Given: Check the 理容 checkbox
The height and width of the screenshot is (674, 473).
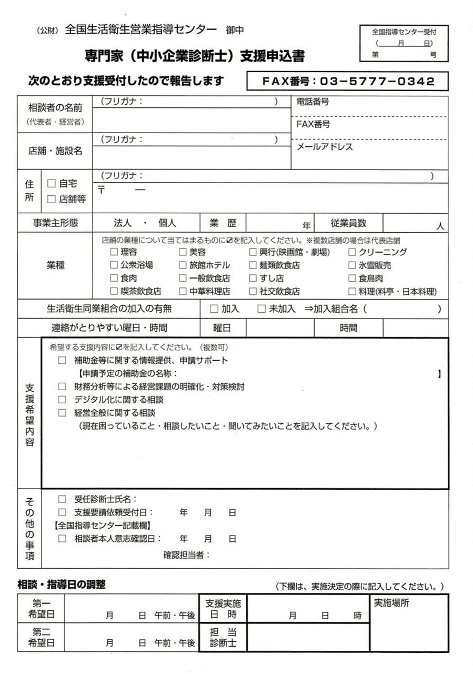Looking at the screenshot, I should point(114,252).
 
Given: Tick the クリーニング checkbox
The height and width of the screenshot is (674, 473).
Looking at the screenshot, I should point(352,252).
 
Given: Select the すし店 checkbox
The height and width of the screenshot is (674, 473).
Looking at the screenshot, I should point(253,278).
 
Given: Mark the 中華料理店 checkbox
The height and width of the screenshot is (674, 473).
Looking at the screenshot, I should point(183,291).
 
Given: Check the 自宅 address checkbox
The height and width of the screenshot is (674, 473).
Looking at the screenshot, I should point(52,184).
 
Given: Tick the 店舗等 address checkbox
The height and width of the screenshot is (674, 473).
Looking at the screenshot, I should point(52,199).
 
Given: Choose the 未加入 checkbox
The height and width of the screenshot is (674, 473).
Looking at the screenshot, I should point(261,309).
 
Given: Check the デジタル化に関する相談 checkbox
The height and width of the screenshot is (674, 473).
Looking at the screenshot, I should point(62,400).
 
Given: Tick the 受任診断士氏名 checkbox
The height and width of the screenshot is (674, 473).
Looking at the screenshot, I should point(62,499).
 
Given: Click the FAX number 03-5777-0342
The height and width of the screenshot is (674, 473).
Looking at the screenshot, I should point(348,82).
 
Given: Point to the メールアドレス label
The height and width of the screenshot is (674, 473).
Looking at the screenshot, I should point(325,147).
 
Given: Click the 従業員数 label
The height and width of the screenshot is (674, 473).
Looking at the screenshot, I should point(348,223).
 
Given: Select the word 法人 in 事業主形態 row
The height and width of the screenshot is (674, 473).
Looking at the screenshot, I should point(123,223).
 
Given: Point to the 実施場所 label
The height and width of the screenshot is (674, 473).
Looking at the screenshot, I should point(391,603).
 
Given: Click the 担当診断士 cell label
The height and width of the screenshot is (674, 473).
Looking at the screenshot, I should point(223,638).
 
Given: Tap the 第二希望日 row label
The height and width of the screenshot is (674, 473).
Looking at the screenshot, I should point(42,638).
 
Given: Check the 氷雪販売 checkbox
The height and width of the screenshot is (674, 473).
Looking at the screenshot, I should point(352,265).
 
